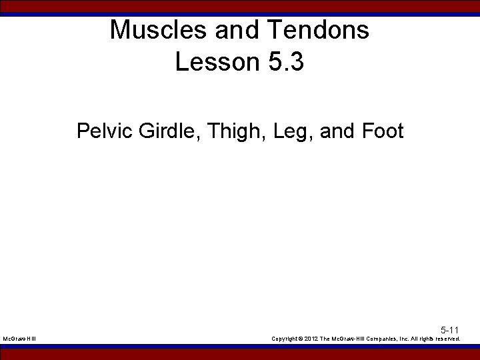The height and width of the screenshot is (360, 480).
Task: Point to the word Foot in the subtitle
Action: click(383, 130)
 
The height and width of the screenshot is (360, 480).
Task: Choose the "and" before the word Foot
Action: click(338, 130)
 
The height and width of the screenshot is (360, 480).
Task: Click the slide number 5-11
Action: click(449, 330)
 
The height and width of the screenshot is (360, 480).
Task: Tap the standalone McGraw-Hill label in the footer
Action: click(19, 339)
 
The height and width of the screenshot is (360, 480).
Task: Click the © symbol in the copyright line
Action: click(301, 339)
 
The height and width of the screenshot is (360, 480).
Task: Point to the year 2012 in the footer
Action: click(312, 339)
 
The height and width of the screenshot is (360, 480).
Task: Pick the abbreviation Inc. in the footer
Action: click(402, 339)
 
